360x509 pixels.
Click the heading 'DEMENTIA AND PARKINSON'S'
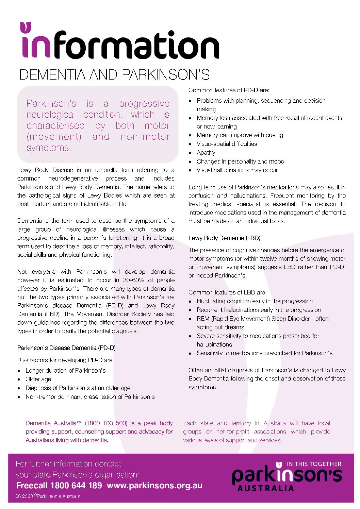tap(114, 75)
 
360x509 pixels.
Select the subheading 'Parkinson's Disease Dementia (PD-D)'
tap(66, 348)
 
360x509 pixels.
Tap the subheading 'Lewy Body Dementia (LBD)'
tap(224, 238)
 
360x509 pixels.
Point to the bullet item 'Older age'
tap(38, 379)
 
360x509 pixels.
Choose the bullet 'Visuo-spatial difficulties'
tap(227, 144)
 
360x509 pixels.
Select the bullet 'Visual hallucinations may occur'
tap(237, 170)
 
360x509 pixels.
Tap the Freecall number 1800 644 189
tap(76, 486)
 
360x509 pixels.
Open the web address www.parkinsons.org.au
tap(154, 486)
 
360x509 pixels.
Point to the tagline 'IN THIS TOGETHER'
tap(314, 464)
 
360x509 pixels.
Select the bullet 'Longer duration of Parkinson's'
tap(65, 370)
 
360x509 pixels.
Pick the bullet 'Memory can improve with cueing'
tap(240, 135)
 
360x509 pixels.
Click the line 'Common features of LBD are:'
tap(227, 292)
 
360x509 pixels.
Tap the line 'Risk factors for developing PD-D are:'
tap(65, 360)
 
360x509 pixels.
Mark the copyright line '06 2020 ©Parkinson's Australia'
tap(48, 496)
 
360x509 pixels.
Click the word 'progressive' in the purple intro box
tap(144, 103)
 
